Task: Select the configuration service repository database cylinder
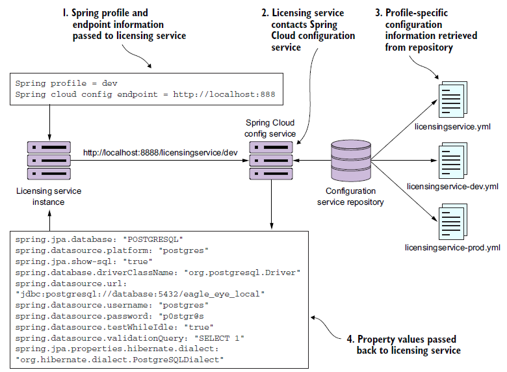[x=350, y=160]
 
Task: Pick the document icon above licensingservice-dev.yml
[x=452, y=160]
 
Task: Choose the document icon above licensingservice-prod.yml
[x=452, y=222]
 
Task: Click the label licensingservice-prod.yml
[x=452, y=248]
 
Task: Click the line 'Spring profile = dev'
[x=66, y=83]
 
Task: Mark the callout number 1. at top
[x=66, y=13]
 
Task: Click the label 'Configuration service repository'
[x=350, y=196]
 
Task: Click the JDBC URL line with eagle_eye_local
[x=140, y=294]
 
